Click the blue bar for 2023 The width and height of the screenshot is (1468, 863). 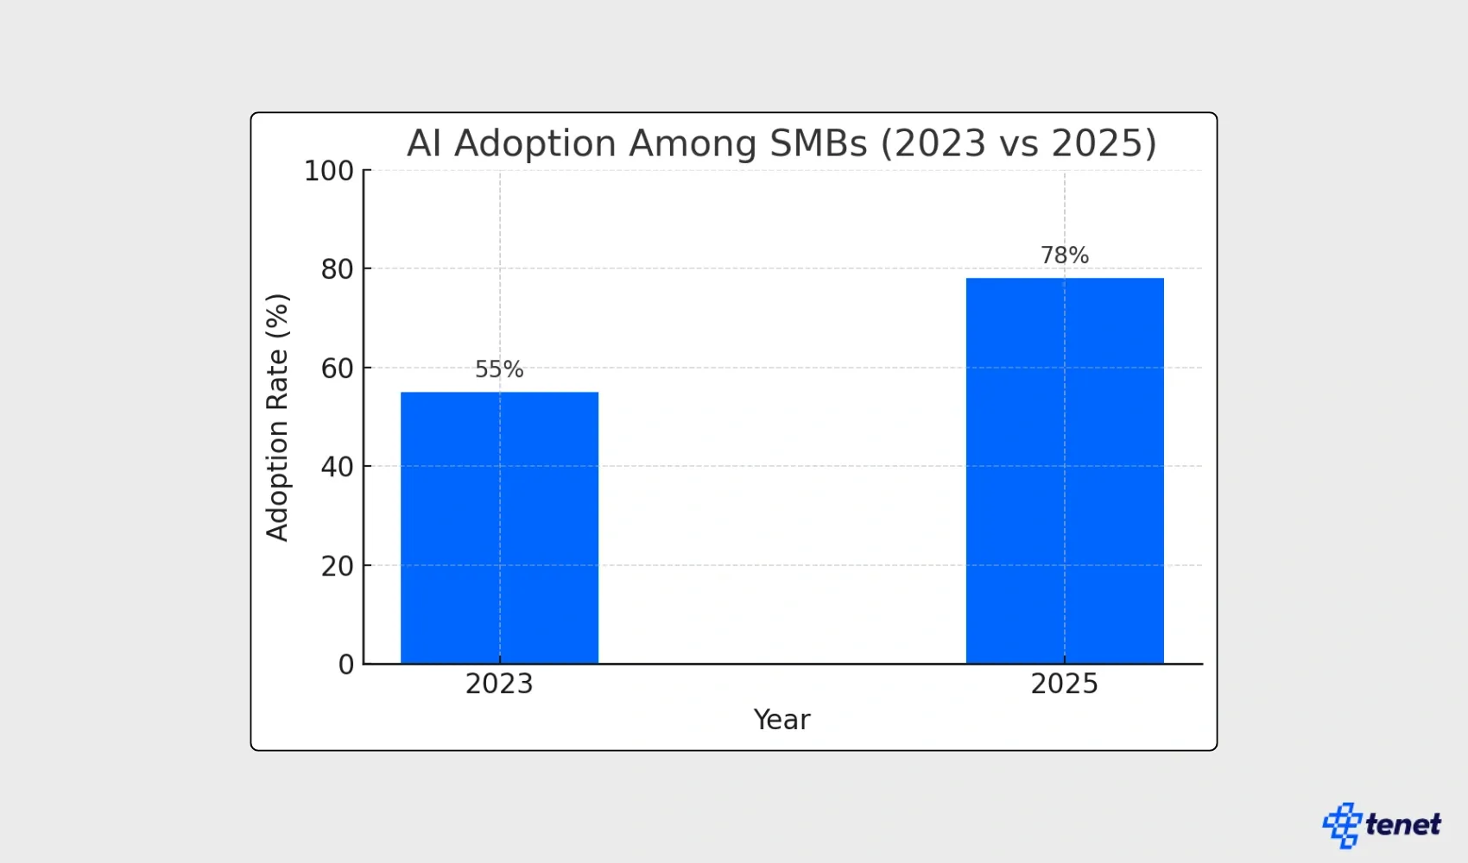tap(499, 527)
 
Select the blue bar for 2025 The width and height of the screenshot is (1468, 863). tap(1064, 470)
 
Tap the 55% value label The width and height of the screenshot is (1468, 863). tap(499, 369)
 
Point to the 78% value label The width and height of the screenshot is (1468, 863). tap(1064, 255)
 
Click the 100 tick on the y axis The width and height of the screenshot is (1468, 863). tap(328, 171)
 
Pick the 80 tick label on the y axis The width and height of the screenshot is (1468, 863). tap(337, 269)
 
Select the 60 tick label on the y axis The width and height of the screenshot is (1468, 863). tap(337, 369)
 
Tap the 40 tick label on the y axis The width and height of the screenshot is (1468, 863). tap(337, 467)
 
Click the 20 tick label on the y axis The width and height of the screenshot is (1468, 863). tap(337, 566)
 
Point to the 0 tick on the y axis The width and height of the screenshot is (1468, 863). tap(345, 665)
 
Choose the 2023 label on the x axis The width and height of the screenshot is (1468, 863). tap(499, 683)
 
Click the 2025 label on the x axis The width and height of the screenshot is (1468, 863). tap(1064, 683)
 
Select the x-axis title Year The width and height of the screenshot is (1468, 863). tap(781, 720)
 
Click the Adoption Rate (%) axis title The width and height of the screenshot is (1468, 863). tap(277, 418)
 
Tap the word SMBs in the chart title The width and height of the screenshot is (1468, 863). tap(818, 143)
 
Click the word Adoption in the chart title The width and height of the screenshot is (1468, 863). tap(535, 143)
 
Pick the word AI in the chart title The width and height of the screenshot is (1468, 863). tap(424, 143)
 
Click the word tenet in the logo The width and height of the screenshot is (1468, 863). tap(1403, 825)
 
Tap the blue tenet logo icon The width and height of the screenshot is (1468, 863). tap(1341, 825)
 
